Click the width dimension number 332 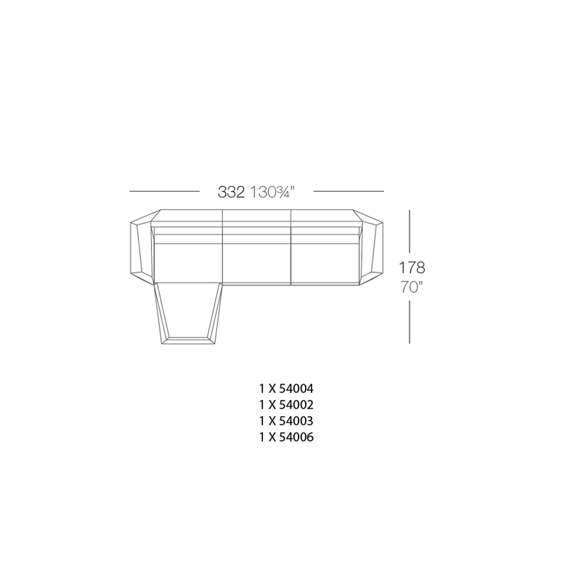pos(231,192)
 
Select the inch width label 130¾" pos(272,192)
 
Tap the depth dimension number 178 pos(412,267)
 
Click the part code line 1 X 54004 pos(286,389)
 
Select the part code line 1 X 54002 pos(286,405)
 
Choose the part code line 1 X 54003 pos(286,421)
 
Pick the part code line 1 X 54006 pos(286,437)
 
